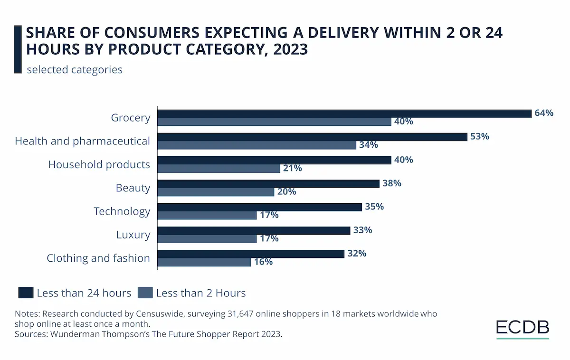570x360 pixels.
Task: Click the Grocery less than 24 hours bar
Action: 344,114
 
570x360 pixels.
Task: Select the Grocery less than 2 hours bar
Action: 274,122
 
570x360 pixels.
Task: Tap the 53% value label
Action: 480,136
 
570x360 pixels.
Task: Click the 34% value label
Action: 369,145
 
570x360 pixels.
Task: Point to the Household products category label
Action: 99,165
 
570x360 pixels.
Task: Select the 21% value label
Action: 292,168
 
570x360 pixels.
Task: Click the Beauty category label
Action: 133,188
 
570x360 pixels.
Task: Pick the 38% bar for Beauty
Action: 268,183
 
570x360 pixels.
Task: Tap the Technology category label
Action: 122,211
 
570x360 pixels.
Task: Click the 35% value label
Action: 374,207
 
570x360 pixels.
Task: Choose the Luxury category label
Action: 133,235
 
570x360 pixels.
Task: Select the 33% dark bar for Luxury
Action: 255,230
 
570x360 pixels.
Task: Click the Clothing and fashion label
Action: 98,258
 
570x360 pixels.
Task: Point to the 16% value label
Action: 263,262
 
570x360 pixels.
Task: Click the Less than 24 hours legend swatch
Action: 26,293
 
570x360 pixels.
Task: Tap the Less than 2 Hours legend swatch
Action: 145,293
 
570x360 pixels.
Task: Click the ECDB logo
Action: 522,327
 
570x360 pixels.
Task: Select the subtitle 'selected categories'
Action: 75,70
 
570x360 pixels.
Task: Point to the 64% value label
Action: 544,113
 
